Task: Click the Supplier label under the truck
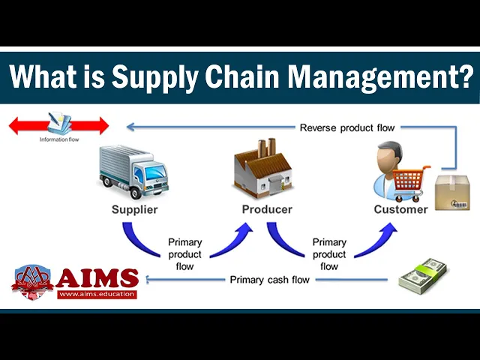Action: click(x=134, y=209)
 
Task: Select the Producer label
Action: click(x=267, y=209)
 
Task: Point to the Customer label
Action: click(x=400, y=209)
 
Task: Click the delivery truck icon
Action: click(x=133, y=171)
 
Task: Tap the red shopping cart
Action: click(x=412, y=180)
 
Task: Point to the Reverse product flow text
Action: click(x=346, y=127)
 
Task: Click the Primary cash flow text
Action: click(x=269, y=280)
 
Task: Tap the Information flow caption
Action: click(x=58, y=139)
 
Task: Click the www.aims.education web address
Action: click(x=97, y=294)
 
